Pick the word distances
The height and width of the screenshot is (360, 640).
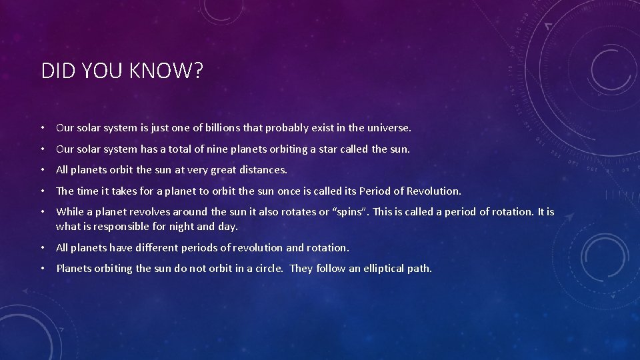pos(263,170)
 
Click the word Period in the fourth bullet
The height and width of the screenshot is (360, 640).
pos(375,191)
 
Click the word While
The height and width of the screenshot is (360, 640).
pos(69,212)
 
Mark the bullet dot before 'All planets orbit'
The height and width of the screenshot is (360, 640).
pos(42,170)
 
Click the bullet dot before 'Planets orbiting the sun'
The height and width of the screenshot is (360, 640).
pos(42,269)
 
